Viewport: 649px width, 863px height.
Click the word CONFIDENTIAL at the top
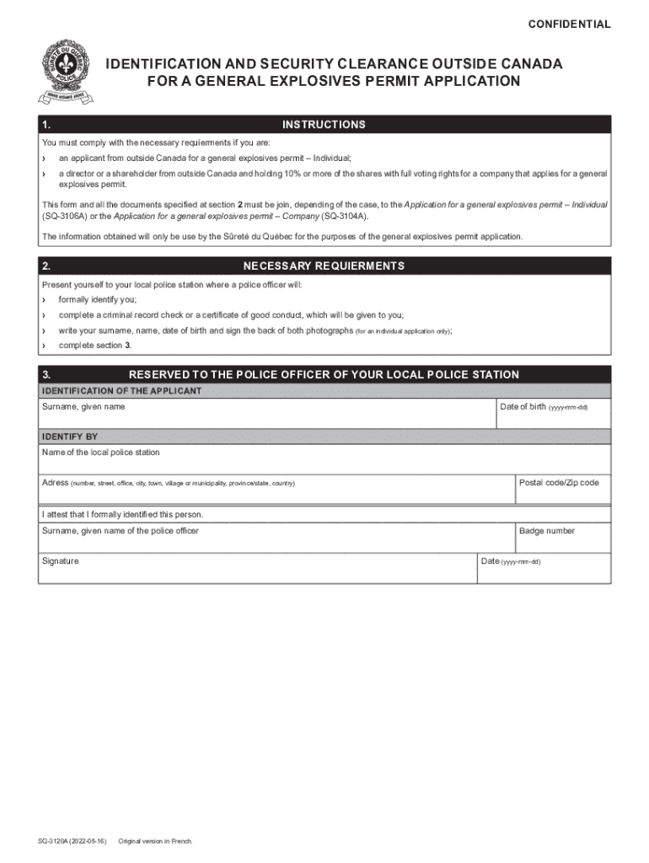[569, 24]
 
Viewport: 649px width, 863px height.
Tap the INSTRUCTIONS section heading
[324, 125]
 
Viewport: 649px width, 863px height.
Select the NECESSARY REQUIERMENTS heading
[324, 266]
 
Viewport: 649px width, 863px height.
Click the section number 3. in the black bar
[47, 375]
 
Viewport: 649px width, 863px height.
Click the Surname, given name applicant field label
[83, 407]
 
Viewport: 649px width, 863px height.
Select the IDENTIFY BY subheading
[70, 437]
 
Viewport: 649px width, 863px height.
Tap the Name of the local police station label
[100, 453]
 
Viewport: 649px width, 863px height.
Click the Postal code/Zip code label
[559, 483]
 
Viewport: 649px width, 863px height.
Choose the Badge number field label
[547, 531]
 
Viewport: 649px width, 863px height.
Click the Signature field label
[61, 561]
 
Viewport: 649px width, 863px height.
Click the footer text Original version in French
[155, 841]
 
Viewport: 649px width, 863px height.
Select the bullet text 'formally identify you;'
[97, 300]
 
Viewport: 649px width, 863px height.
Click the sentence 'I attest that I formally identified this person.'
[123, 514]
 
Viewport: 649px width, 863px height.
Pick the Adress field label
[56, 483]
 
